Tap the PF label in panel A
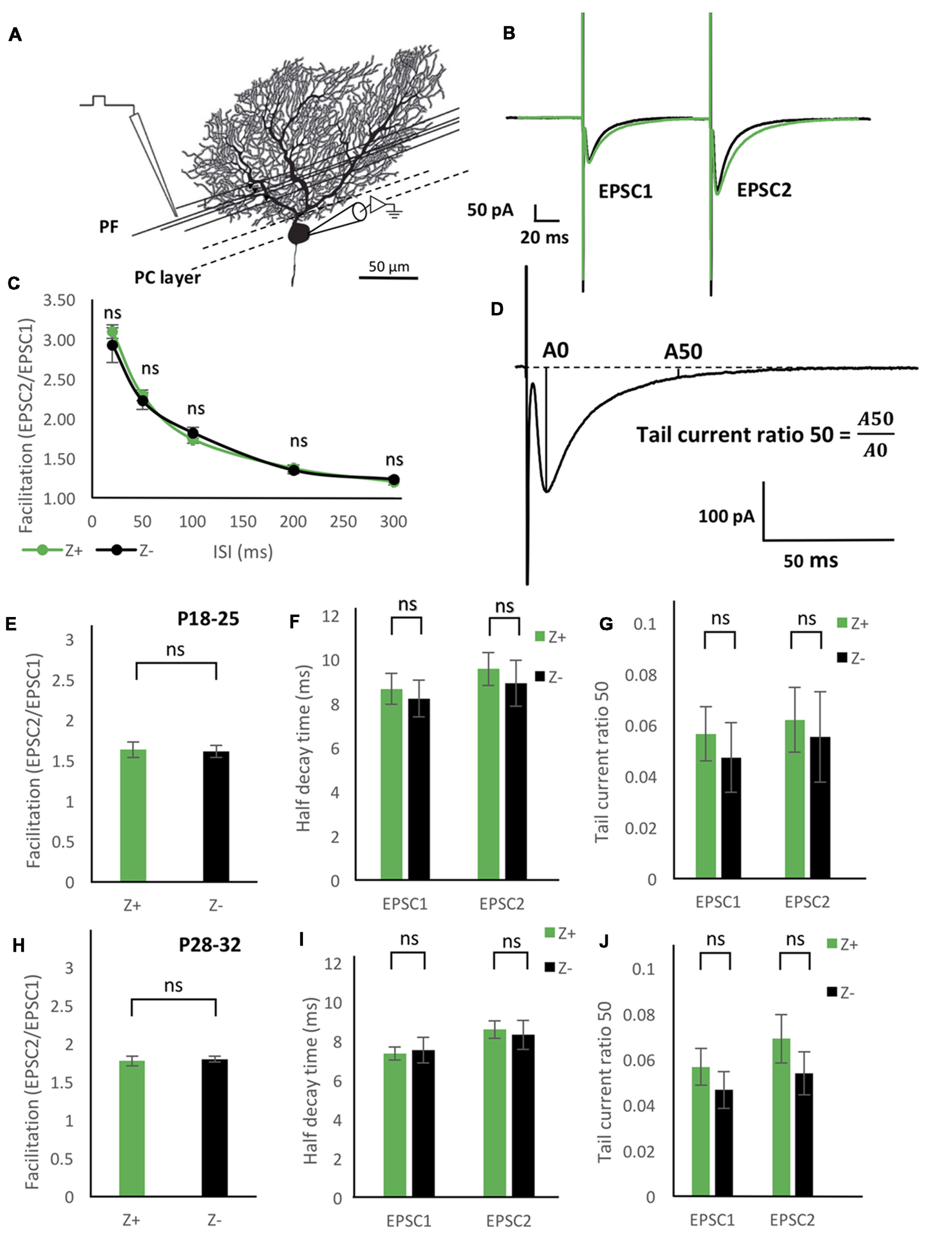tap(109, 228)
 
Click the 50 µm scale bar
tap(389, 277)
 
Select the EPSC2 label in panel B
tap(764, 190)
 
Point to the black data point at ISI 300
tap(394, 480)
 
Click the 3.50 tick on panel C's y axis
tap(59, 300)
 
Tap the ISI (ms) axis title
tap(243, 552)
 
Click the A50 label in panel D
tap(683, 352)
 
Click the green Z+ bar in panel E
tap(133, 815)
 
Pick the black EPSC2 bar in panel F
tap(516, 781)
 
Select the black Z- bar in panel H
tap(215, 1127)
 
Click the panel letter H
tap(18, 946)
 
